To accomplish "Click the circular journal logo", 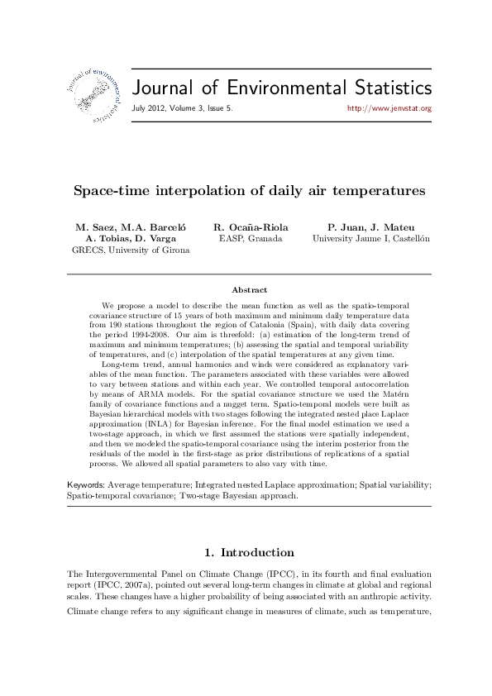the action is point(88,91).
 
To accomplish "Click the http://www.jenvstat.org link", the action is point(389,108).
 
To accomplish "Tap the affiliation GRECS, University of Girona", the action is point(131,250).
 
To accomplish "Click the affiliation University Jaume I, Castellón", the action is point(371,238).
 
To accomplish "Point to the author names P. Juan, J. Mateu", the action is point(370,226).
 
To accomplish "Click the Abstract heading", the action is point(249,289).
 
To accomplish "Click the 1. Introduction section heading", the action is point(248,552).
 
